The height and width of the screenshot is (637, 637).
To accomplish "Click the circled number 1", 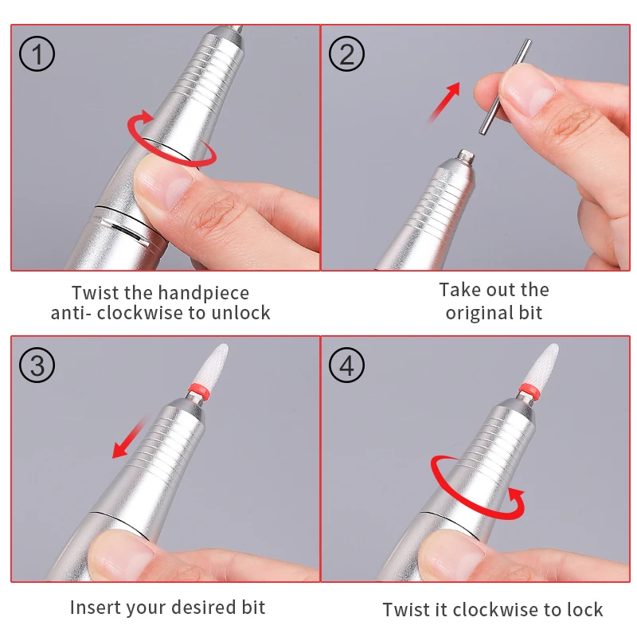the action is (37, 54).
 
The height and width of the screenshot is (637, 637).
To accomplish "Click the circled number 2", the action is (346, 54).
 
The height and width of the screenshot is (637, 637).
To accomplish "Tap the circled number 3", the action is (37, 365).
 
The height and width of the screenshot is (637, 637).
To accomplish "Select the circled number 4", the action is (346, 365).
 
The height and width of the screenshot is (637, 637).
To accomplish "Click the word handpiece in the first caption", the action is (204, 293).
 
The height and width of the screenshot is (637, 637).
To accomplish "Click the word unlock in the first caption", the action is (240, 313).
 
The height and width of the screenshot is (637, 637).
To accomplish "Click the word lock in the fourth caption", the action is (585, 610).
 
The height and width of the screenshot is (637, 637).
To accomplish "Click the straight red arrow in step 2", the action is (444, 103).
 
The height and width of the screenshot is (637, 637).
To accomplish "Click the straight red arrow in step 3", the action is (129, 438).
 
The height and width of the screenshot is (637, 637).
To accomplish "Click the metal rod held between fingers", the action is (504, 87).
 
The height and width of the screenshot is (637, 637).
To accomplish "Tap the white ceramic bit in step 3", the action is (213, 365).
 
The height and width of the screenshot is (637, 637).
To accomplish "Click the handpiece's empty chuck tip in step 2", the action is (466, 156).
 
